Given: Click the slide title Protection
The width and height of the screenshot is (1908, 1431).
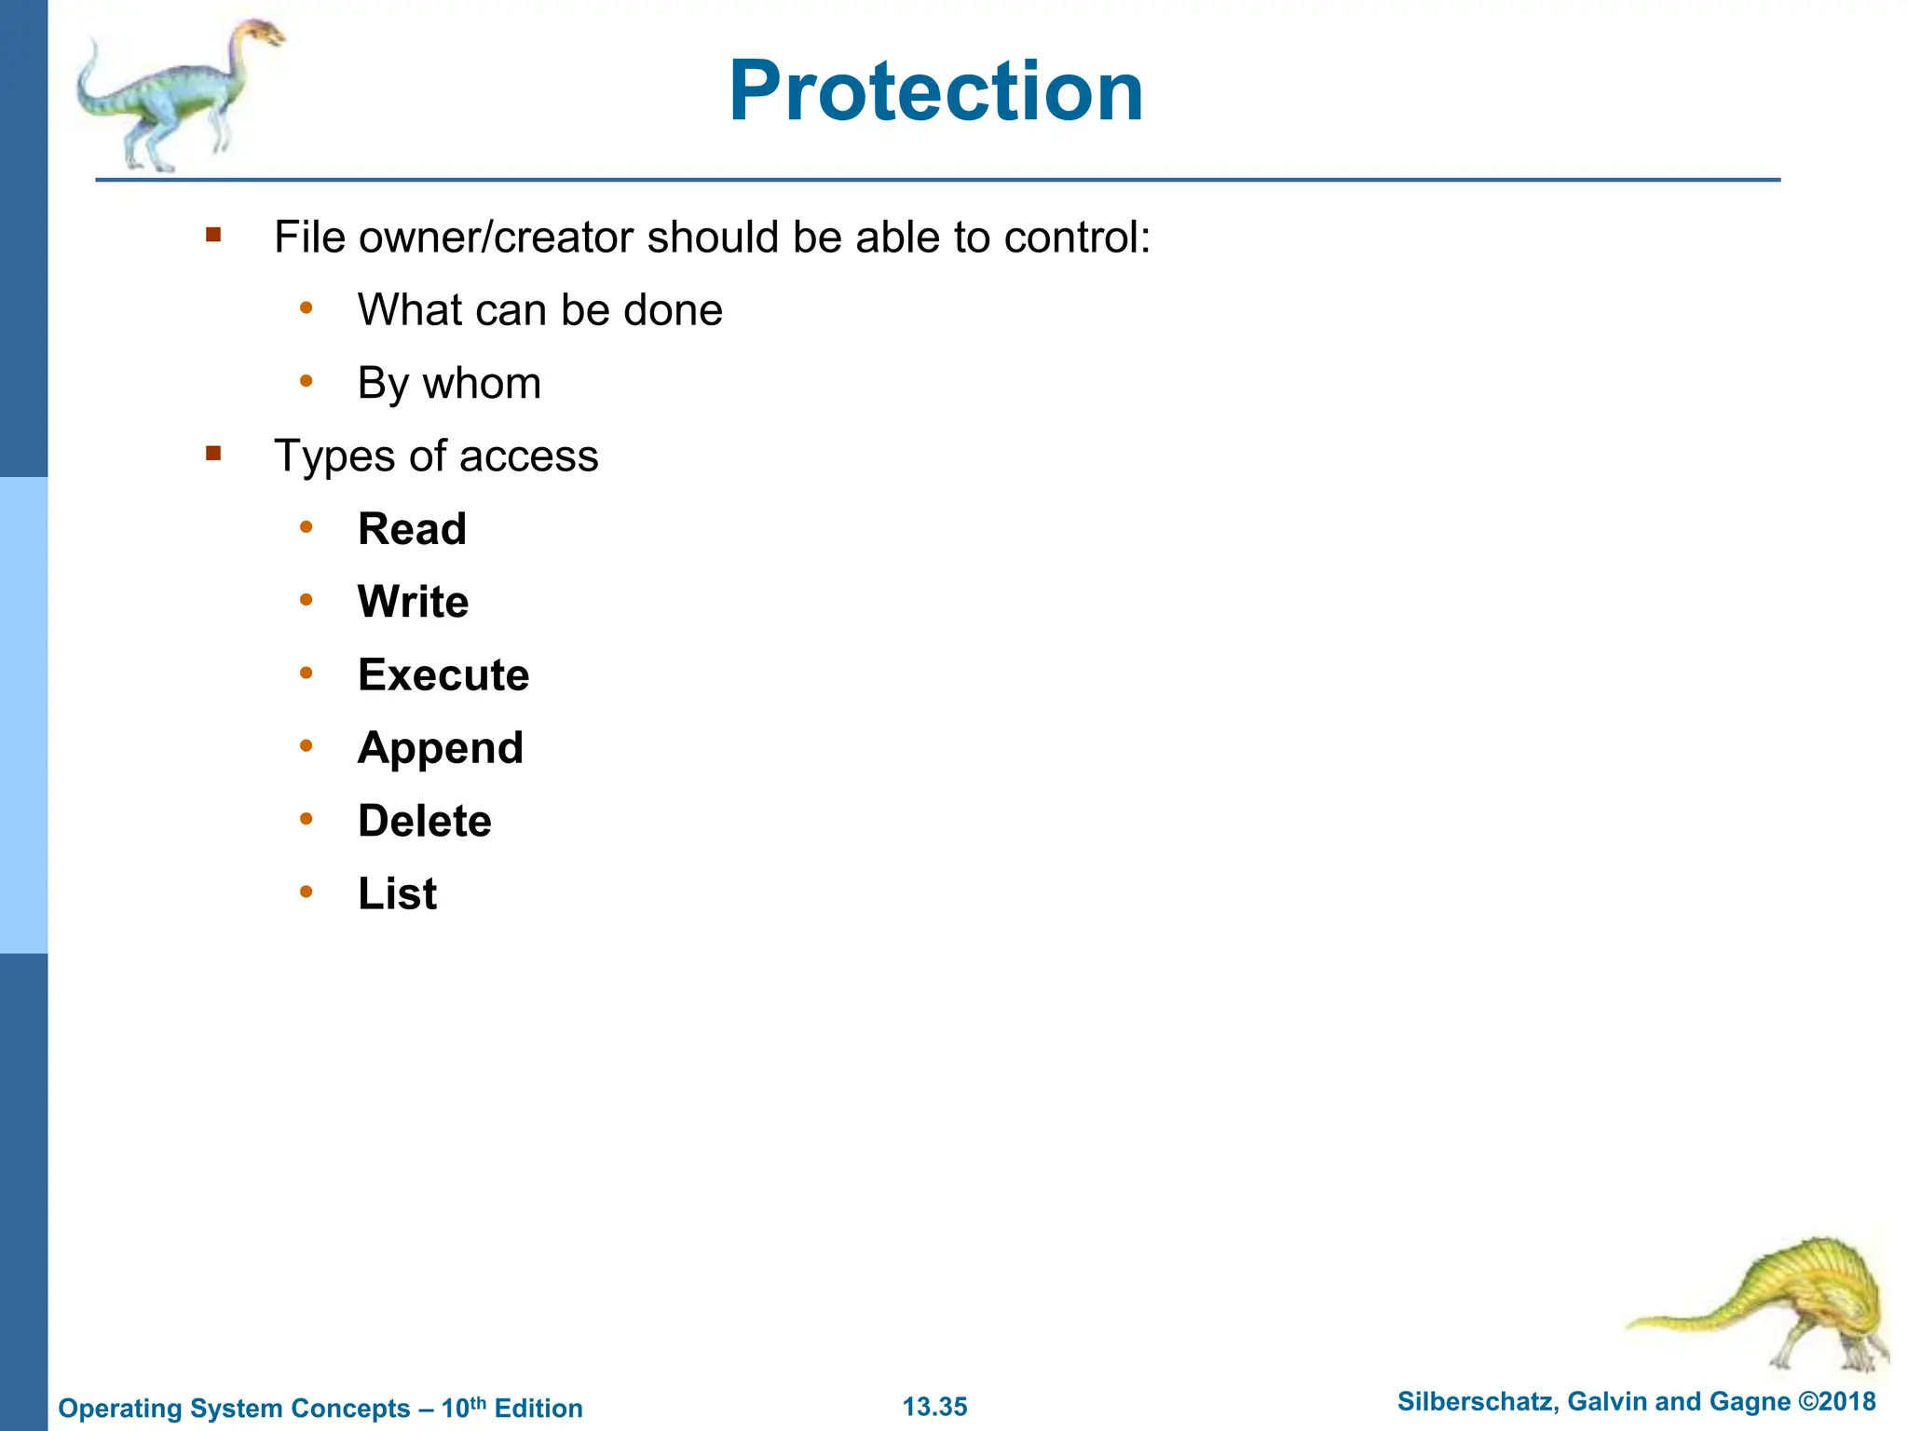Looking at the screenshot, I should tap(935, 91).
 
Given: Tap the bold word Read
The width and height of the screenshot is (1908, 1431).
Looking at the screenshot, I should tap(412, 529).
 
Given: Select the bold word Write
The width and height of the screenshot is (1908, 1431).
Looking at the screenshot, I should tap(413, 602).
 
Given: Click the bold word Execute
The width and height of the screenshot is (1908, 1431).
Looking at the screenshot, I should tap(443, 675).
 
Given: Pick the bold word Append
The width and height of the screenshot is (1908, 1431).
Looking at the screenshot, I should tap(441, 748).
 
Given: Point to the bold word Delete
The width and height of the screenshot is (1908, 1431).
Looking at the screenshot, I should tap(425, 821).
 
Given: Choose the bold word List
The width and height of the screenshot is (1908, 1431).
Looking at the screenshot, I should tap(397, 893).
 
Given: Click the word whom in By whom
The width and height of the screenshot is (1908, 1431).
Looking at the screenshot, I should tap(482, 383).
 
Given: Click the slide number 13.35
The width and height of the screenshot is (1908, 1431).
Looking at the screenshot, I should tap(934, 1407).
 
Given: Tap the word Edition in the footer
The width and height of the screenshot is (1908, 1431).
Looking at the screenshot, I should tap(538, 1408).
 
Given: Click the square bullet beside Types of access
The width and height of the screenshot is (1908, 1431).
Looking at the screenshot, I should tap(213, 454).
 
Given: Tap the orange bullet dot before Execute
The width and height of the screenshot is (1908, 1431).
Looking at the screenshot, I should tap(307, 673).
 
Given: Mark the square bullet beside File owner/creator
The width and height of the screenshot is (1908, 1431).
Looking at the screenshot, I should tap(213, 235).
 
